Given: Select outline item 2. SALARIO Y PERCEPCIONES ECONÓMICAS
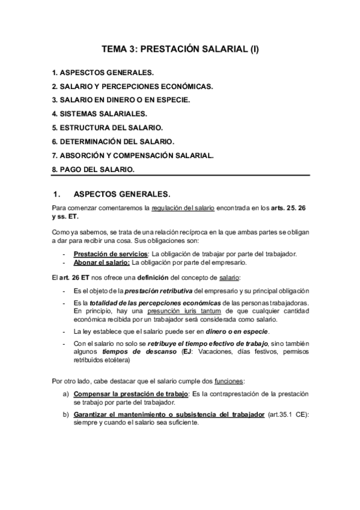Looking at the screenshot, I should [x=132, y=86].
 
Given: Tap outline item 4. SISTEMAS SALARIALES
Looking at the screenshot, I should [x=99, y=114].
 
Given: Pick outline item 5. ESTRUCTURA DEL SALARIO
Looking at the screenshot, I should [x=108, y=127].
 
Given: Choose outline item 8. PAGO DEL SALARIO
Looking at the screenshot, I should [x=93, y=169].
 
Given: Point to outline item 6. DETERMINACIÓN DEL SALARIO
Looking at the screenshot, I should [x=113, y=141].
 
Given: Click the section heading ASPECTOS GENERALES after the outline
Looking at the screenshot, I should [x=121, y=194].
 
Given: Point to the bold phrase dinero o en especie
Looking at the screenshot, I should [x=239, y=331].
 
